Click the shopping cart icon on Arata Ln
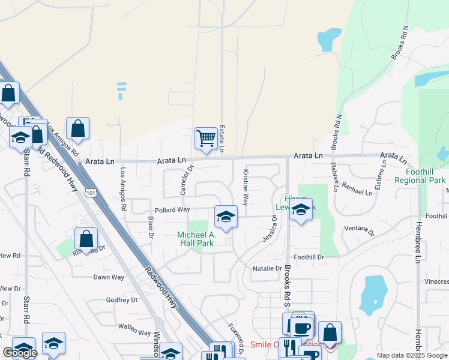pyautogui.click(x=206, y=139)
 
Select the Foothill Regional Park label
pyautogui.click(x=424, y=176)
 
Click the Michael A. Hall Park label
pyautogui.click(x=196, y=239)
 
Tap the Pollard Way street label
pyautogui.click(x=172, y=210)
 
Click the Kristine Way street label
pyautogui.click(x=246, y=187)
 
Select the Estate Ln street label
pyautogui.click(x=221, y=137)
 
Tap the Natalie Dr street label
pyautogui.click(x=267, y=268)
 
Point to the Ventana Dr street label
pyautogui.click(x=358, y=231)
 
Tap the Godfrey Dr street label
pyautogui.click(x=122, y=300)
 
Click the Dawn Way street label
pyautogui.click(x=109, y=277)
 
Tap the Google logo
pyautogui.click(x=20, y=353)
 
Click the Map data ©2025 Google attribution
pyautogui.click(x=412, y=355)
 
